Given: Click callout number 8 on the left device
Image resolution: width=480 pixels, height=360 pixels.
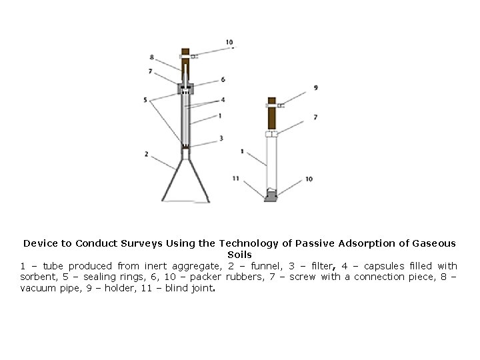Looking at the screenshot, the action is (x=152, y=57).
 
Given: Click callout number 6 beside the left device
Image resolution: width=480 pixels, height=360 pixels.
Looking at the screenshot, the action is (x=223, y=79).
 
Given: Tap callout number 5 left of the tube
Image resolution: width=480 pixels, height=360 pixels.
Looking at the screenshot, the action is (x=145, y=100).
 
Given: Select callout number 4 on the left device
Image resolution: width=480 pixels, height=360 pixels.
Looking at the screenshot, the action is (x=223, y=100).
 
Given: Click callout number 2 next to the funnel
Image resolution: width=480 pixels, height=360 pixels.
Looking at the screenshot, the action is (x=145, y=155).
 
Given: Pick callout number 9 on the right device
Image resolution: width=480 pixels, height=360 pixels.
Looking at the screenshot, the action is (x=315, y=87).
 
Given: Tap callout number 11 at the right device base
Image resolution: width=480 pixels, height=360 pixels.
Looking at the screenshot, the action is (x=235, y=178).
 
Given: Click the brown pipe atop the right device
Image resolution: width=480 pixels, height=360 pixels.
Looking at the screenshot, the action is (x=271, y=115).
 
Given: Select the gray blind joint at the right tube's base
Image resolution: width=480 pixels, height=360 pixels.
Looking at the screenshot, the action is (x=271, y=197).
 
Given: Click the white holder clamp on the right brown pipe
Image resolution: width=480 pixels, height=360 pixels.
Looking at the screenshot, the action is (x=273, y=105).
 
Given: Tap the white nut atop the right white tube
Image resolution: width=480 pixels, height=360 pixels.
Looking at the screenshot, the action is (x=271, y=134).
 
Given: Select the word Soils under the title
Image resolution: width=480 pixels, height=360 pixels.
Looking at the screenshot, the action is (x=239, y=255).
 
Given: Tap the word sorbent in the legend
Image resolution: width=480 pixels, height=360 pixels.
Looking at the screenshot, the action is (x=41, y=277).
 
